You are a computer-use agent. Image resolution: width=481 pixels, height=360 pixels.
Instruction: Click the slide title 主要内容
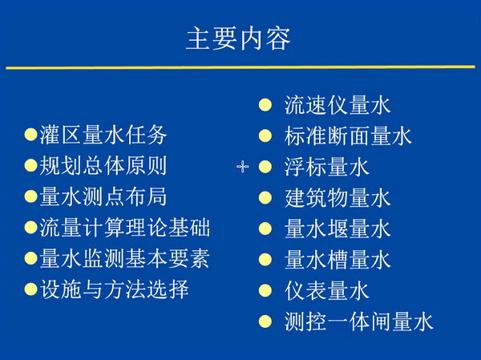pyautogui.click(x=238, y=39)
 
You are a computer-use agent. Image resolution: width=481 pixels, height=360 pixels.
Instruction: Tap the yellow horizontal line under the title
pyautogui.click(x=240, y=67)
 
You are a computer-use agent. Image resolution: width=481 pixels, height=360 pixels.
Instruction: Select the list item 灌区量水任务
pyautogui.click(x=103, y=135)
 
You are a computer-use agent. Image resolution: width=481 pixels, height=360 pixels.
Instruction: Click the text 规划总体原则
pyautogui.click(x=103, y=165)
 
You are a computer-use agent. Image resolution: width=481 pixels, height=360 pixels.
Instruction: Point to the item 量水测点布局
pyautogui.click(x=103, y=196)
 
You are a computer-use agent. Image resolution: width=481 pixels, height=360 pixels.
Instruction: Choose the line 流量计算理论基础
pyautogui.click(x=125, y=228)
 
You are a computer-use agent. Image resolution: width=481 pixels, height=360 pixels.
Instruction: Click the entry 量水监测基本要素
pyautogui.click(x=125, y=258)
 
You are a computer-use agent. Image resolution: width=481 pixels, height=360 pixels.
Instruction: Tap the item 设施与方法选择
pyautogui.click(x=114, y=289)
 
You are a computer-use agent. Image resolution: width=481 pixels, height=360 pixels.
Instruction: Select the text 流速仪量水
pyautogui.click(x=338, y=105)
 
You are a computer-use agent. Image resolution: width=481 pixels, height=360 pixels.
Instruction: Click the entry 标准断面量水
pyautogui.click(x=348, y=136)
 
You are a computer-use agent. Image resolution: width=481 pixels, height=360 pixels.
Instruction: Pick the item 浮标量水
pyautogui.click(x=327, y=167)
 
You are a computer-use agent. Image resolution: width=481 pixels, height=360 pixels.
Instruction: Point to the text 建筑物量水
pyautogui.click(x=338, y=198)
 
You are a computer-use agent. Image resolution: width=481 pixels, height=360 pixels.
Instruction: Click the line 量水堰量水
pyautogui.click(x=338, y=229)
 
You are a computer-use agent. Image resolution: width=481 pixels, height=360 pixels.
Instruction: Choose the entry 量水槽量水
pyautogui.click(x=338, y=260)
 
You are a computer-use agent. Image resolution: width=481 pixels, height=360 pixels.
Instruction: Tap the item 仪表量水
pyautogui.click(x=327, y=291)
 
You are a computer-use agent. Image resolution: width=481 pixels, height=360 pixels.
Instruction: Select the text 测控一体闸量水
pyautogui.click(x=359, y=322)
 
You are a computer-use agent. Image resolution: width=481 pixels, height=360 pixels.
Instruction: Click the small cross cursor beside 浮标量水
pyautogui.click(x=243, y=167)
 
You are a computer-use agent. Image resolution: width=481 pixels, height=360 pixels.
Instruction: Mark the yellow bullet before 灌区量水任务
pyautogui.click(x=31, y=135)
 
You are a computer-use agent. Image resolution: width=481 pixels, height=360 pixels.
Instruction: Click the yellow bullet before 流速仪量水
pyautogui.click(x=265, y=105)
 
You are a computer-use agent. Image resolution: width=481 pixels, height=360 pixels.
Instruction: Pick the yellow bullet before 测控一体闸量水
pyautogui.click(x=265, y=322)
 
